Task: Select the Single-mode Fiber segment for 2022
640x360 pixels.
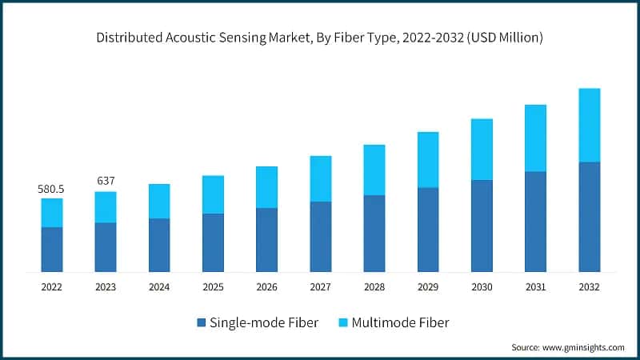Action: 52,250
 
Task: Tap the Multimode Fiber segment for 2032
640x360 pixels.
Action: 590,125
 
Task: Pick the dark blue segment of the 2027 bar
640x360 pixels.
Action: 321,237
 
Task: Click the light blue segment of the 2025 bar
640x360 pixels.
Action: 213,194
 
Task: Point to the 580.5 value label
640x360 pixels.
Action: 51,190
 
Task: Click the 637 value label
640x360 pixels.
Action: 106,182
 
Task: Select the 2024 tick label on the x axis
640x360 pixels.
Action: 159,286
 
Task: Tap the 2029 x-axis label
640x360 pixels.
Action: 428,286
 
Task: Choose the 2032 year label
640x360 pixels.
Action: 590,286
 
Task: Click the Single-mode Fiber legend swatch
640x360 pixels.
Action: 200,323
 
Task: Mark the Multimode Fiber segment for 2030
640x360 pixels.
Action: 482,150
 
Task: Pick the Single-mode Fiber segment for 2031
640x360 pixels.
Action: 535,222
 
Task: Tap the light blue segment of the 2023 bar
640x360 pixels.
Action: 106,207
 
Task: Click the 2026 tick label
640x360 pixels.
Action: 266,286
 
